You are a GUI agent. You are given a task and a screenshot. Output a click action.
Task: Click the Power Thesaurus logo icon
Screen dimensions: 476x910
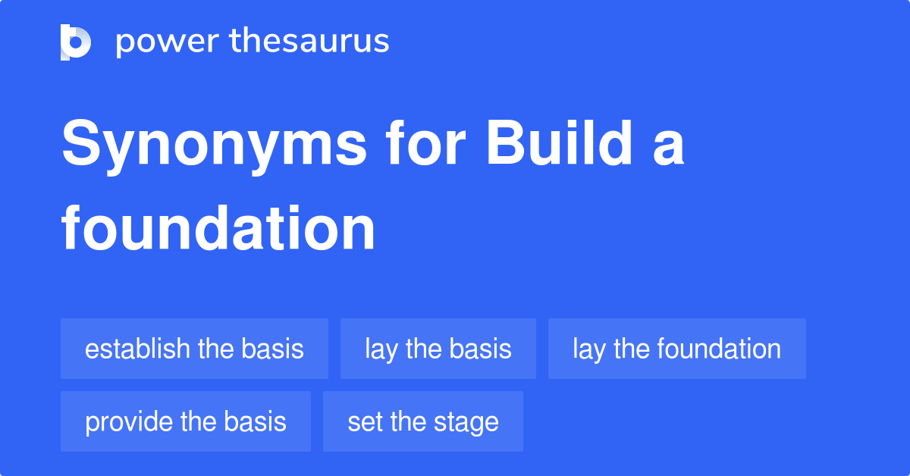pos(76,42)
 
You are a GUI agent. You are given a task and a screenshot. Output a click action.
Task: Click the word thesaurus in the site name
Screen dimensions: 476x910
pos(309,42)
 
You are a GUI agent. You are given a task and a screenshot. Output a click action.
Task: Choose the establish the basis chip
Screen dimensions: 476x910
pos(194,349)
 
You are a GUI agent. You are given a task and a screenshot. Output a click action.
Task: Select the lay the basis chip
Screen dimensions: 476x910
pos(438,349)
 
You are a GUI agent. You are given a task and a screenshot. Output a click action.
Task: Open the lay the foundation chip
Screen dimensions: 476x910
pos(676,349)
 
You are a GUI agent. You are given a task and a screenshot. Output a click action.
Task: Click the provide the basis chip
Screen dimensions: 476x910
pos(186,421)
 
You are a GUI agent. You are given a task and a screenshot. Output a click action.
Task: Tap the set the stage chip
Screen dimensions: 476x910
pos(423,421)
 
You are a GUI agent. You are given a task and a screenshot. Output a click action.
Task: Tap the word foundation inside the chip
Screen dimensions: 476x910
pos(719,349)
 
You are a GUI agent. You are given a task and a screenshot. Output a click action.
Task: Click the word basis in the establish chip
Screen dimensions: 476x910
pos(272,349)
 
